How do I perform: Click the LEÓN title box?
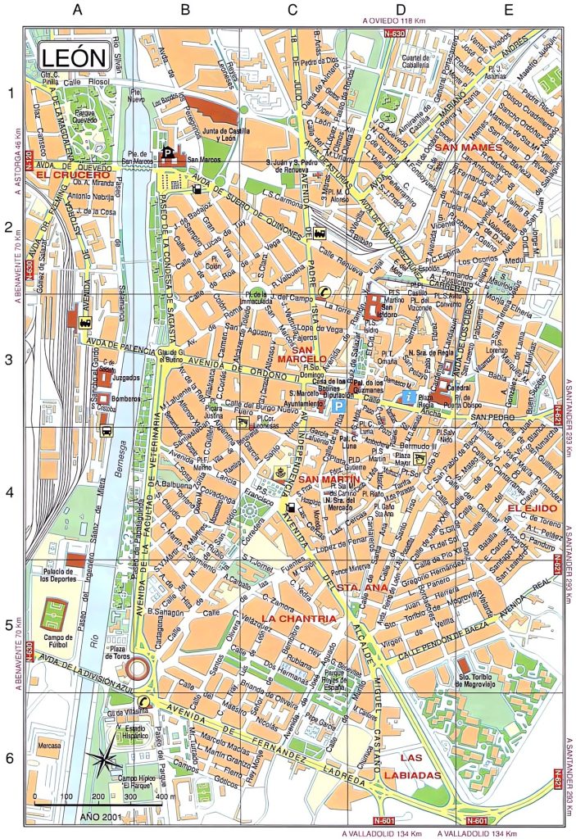point(73,58)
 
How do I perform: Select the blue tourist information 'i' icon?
point(408,397)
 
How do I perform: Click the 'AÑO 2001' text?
point(102,816)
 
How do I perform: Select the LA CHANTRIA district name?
point(299,618)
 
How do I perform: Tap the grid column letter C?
point(293,11)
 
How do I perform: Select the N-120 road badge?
point(28,158)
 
